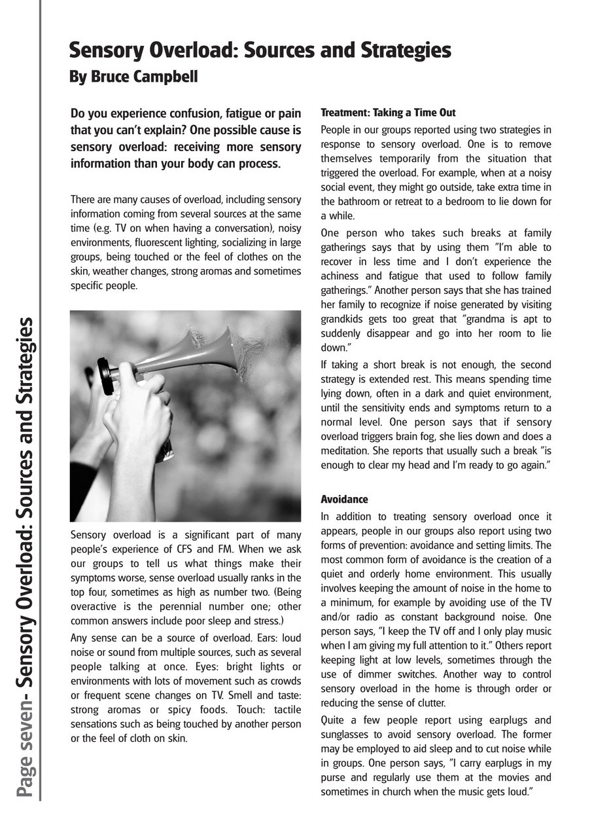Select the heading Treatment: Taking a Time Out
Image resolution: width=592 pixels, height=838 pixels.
pos(388,113)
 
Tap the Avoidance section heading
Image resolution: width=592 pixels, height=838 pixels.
pos(344,499)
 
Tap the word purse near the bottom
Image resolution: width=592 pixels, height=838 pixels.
pos(334,777)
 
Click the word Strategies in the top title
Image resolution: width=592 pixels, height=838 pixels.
pos(397,50)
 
